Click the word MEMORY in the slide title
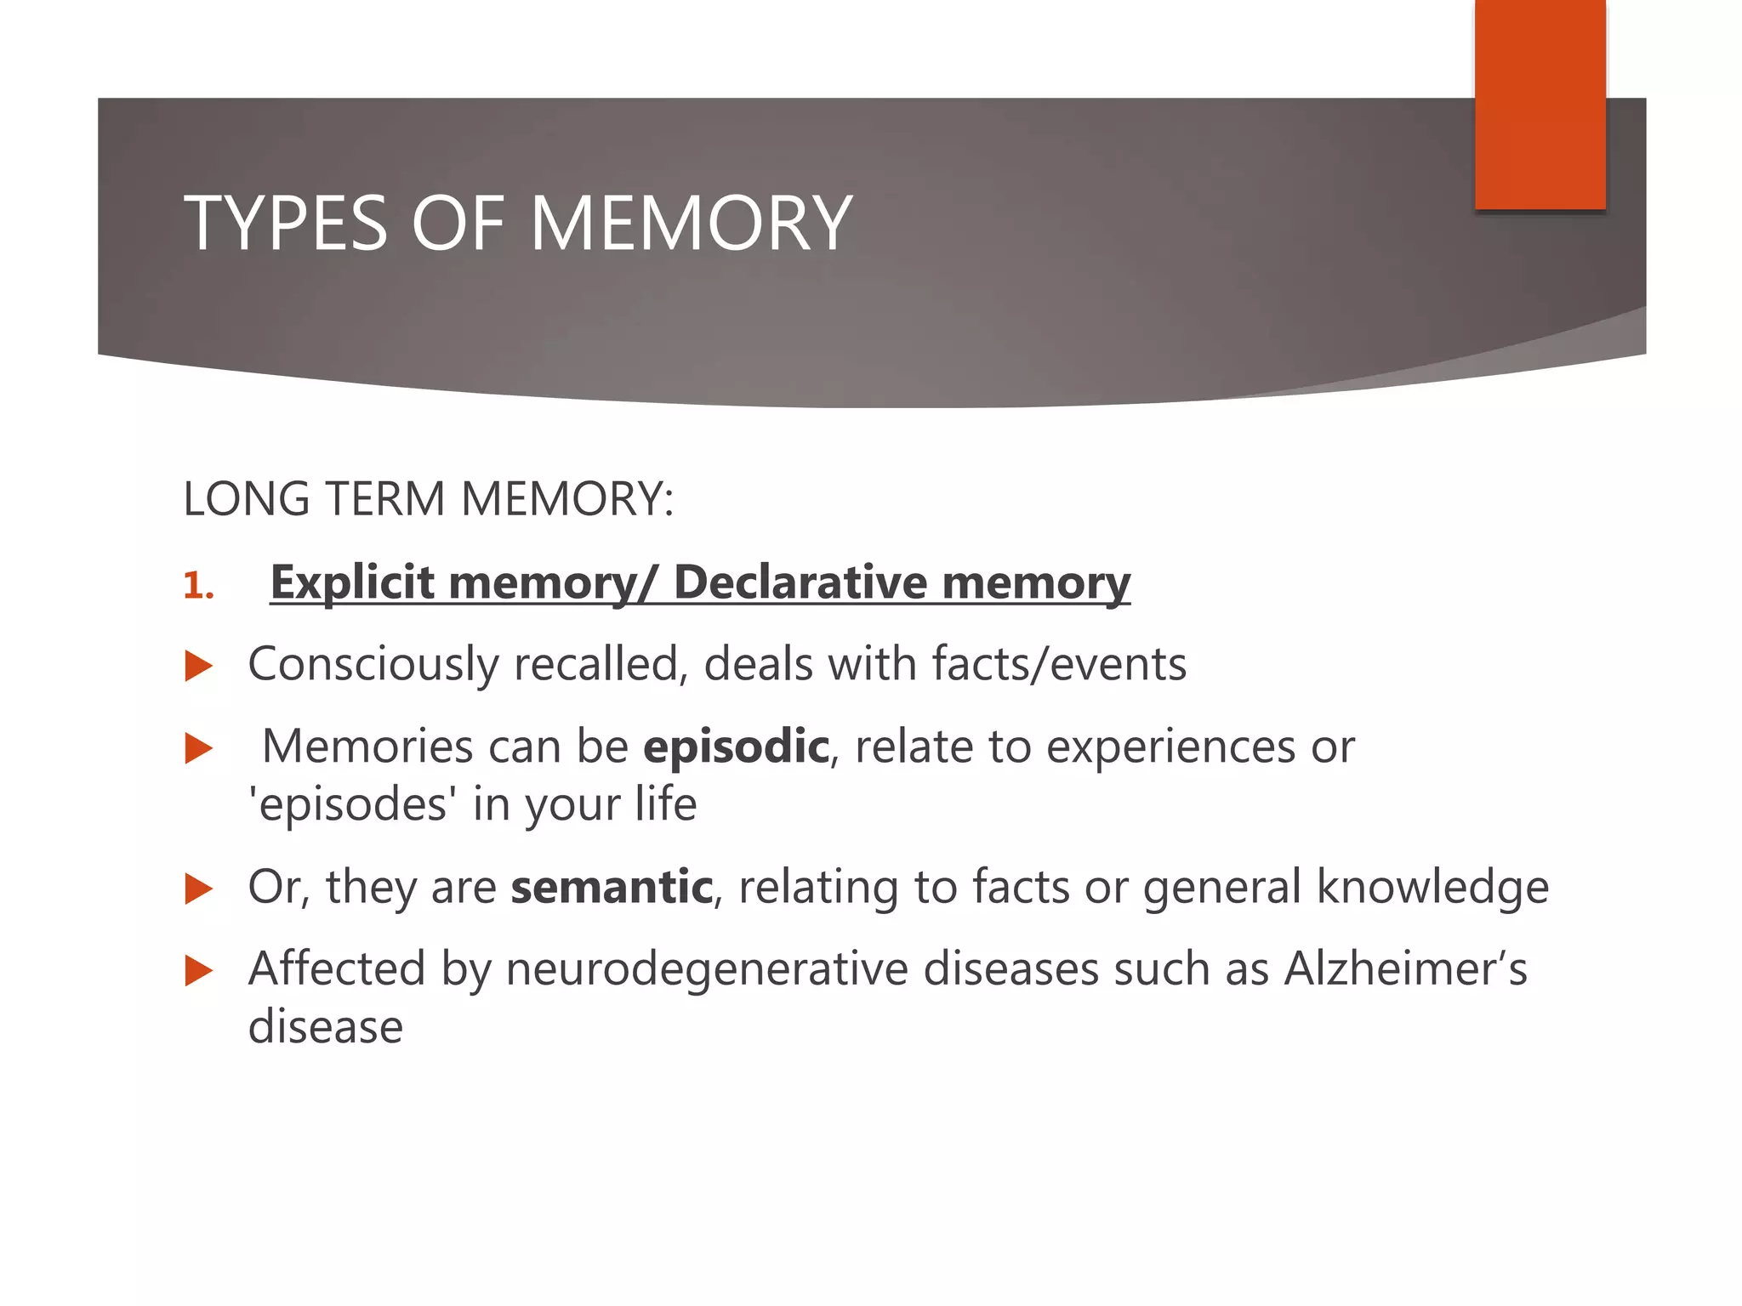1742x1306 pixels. tap(691, 224)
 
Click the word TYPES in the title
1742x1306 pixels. tap(286, 224)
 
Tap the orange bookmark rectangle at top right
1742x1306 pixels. tap(1540, 104)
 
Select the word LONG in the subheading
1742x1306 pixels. tap(246, 499)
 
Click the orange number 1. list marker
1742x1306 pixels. tap(198, 586)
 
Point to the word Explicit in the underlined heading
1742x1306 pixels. tap(352, 583)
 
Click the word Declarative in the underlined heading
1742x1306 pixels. tap(800, 583)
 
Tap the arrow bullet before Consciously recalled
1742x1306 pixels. tap(198, 666)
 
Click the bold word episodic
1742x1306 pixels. tap(736, 747)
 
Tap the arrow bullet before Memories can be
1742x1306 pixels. tap(198, 749)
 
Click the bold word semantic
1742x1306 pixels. tap(612, 887)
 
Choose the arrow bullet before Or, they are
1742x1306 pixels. tap(198, 889)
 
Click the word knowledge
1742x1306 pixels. tap(1432, 887)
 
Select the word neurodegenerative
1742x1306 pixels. tap(707, 969)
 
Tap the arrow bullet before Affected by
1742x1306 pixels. tap(198, 971)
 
